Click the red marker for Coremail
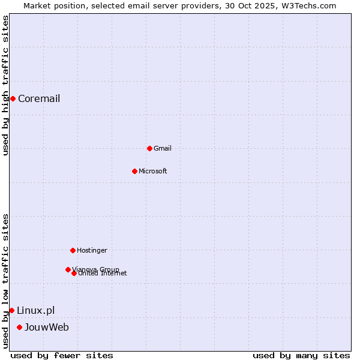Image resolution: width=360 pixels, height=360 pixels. [x=13, y=98]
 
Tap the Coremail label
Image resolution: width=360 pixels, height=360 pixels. [x=39, y=98]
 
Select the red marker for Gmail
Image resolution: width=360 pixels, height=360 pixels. [x=149, y=148]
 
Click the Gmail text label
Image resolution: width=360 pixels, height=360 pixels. [x=163, y=148]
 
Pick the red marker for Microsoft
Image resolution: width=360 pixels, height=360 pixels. [x=134, y=171]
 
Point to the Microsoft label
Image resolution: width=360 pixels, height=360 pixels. [x=153, y=171]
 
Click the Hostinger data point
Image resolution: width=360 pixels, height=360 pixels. [x=73, y=250]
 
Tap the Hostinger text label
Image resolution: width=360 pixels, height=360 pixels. [x=92, y=250]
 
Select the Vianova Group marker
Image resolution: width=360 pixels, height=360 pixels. [x=68, y=269]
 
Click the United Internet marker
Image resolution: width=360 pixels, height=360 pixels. [x=74, y=273]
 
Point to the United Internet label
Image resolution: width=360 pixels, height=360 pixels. [x=103, y=274]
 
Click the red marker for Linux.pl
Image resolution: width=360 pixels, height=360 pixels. [x=11, y=310]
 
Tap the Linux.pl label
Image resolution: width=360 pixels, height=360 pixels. [x=35, y=310]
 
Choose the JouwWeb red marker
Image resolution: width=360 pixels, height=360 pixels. [x=20, y=327]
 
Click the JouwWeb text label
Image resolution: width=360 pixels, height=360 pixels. [x=47, y=327]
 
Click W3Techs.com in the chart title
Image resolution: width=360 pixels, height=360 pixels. [x=310, y=5]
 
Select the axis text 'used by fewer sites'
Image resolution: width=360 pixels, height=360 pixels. [x=62, y=355]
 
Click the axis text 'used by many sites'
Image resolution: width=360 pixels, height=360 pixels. [x=301, y=355]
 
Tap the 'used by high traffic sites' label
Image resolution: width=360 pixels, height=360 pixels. [x=5, y=85]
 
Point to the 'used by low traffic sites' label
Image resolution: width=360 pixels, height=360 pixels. [x=5, y=281]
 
